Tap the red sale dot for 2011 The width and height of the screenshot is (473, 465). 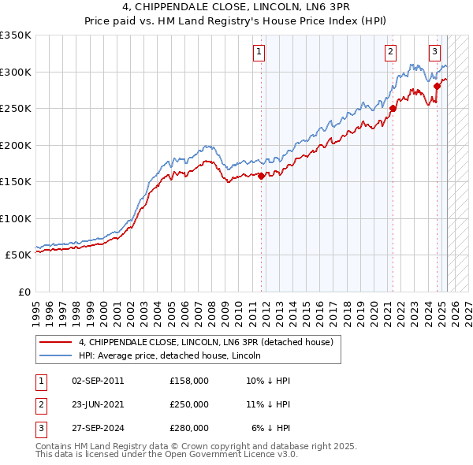tap(261, 176)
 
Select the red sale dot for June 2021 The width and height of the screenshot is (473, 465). tap(393, 109)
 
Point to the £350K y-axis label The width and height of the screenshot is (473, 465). tap(16, 35)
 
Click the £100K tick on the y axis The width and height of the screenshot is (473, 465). tap(16, 218)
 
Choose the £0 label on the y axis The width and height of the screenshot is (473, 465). tap(24, 292)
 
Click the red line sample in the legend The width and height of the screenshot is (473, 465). tap(56, 342)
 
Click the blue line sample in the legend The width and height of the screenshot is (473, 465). tap(56, 355)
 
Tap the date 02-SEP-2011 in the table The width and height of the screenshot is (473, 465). tap(98, 381)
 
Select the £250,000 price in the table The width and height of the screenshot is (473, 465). tap(189, 404)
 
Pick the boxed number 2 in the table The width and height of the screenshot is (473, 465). tap(39, 404)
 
